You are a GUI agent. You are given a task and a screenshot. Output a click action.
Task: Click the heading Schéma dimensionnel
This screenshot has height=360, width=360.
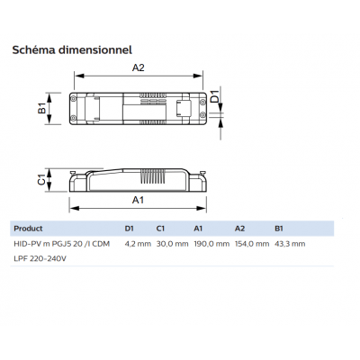[72, 49]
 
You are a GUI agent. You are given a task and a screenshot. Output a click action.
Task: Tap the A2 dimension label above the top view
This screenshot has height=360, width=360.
[139, 67]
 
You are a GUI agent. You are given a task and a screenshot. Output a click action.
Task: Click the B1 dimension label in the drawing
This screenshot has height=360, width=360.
[42, 108]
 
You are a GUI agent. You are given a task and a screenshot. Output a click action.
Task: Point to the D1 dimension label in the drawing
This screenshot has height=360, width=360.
[215, 95]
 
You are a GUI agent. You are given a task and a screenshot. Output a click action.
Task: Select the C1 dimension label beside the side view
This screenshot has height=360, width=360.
[41, 180]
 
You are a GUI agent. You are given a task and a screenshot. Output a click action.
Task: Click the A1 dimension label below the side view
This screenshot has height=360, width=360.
[138, 200]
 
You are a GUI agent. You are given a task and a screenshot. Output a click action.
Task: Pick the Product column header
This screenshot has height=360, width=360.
[28, 229]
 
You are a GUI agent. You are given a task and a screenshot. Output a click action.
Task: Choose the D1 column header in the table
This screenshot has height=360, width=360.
[130, 229]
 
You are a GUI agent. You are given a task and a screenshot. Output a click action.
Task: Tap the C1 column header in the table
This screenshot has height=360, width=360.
[160, 229]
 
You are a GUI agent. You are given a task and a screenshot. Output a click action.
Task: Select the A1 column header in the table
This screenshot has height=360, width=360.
[198, 229]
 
